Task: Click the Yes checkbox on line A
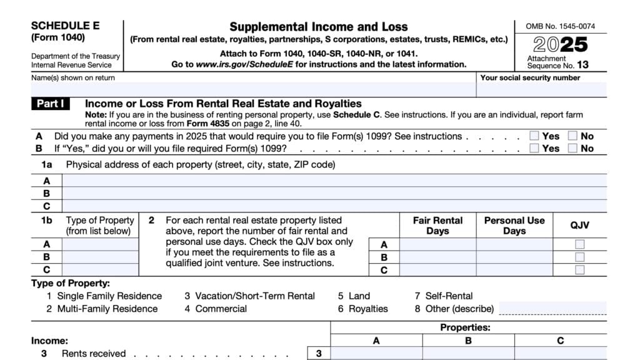pyautogui.click(x=534, y=136)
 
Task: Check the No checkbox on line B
pyautogui.click(x=572, y=148)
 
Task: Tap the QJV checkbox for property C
pyautogui.click(x=580, y=270)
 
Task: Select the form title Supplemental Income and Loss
pyautogui.click(x=318, y=27)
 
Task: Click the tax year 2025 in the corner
pyautogui.click(x=561, y=44)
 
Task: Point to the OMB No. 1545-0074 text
pyautogui.click(x=561, y=27)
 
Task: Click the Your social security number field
pyautogui.click(x=541, y=90)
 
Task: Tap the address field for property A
pyautogui.click(x=334, y=181)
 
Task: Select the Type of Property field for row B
pyautogui.click(x=100, y=257)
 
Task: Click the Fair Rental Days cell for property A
pyautogui.click(x=437, y=244)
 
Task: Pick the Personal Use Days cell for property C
pyautogui.click(x=514, y=270)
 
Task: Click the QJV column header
pyautogui.click(x=579, y=225)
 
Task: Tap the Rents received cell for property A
pyautogui.click(x=376, y=354)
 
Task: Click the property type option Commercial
pyautogui.click(x=221, y=309)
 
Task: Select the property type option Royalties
pyautogui.click(x=367, y=309)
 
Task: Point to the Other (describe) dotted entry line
pyautogui.click(x=552, y=309)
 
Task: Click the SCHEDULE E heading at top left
pyautogui.click(x=65, y=26)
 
